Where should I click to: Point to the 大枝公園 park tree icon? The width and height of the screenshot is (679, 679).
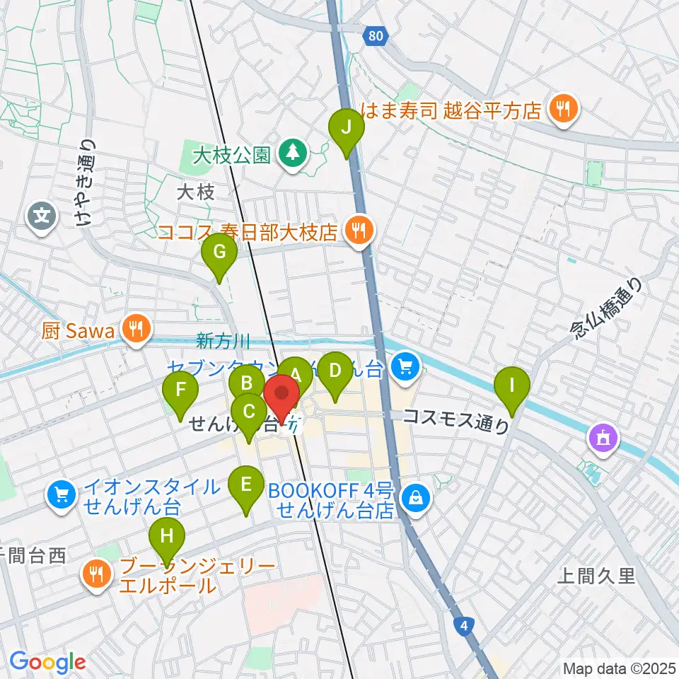291,151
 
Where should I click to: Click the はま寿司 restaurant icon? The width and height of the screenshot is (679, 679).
564,108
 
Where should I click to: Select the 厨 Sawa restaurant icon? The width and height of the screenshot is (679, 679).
133,327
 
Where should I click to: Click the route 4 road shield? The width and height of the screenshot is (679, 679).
463,625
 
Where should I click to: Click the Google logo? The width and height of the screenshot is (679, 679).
47,663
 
